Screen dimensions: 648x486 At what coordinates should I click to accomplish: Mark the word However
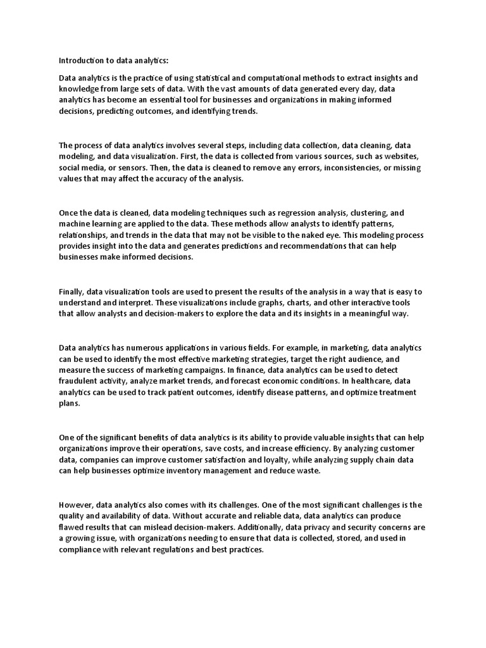pyautogui.click(x=76, y=505)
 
